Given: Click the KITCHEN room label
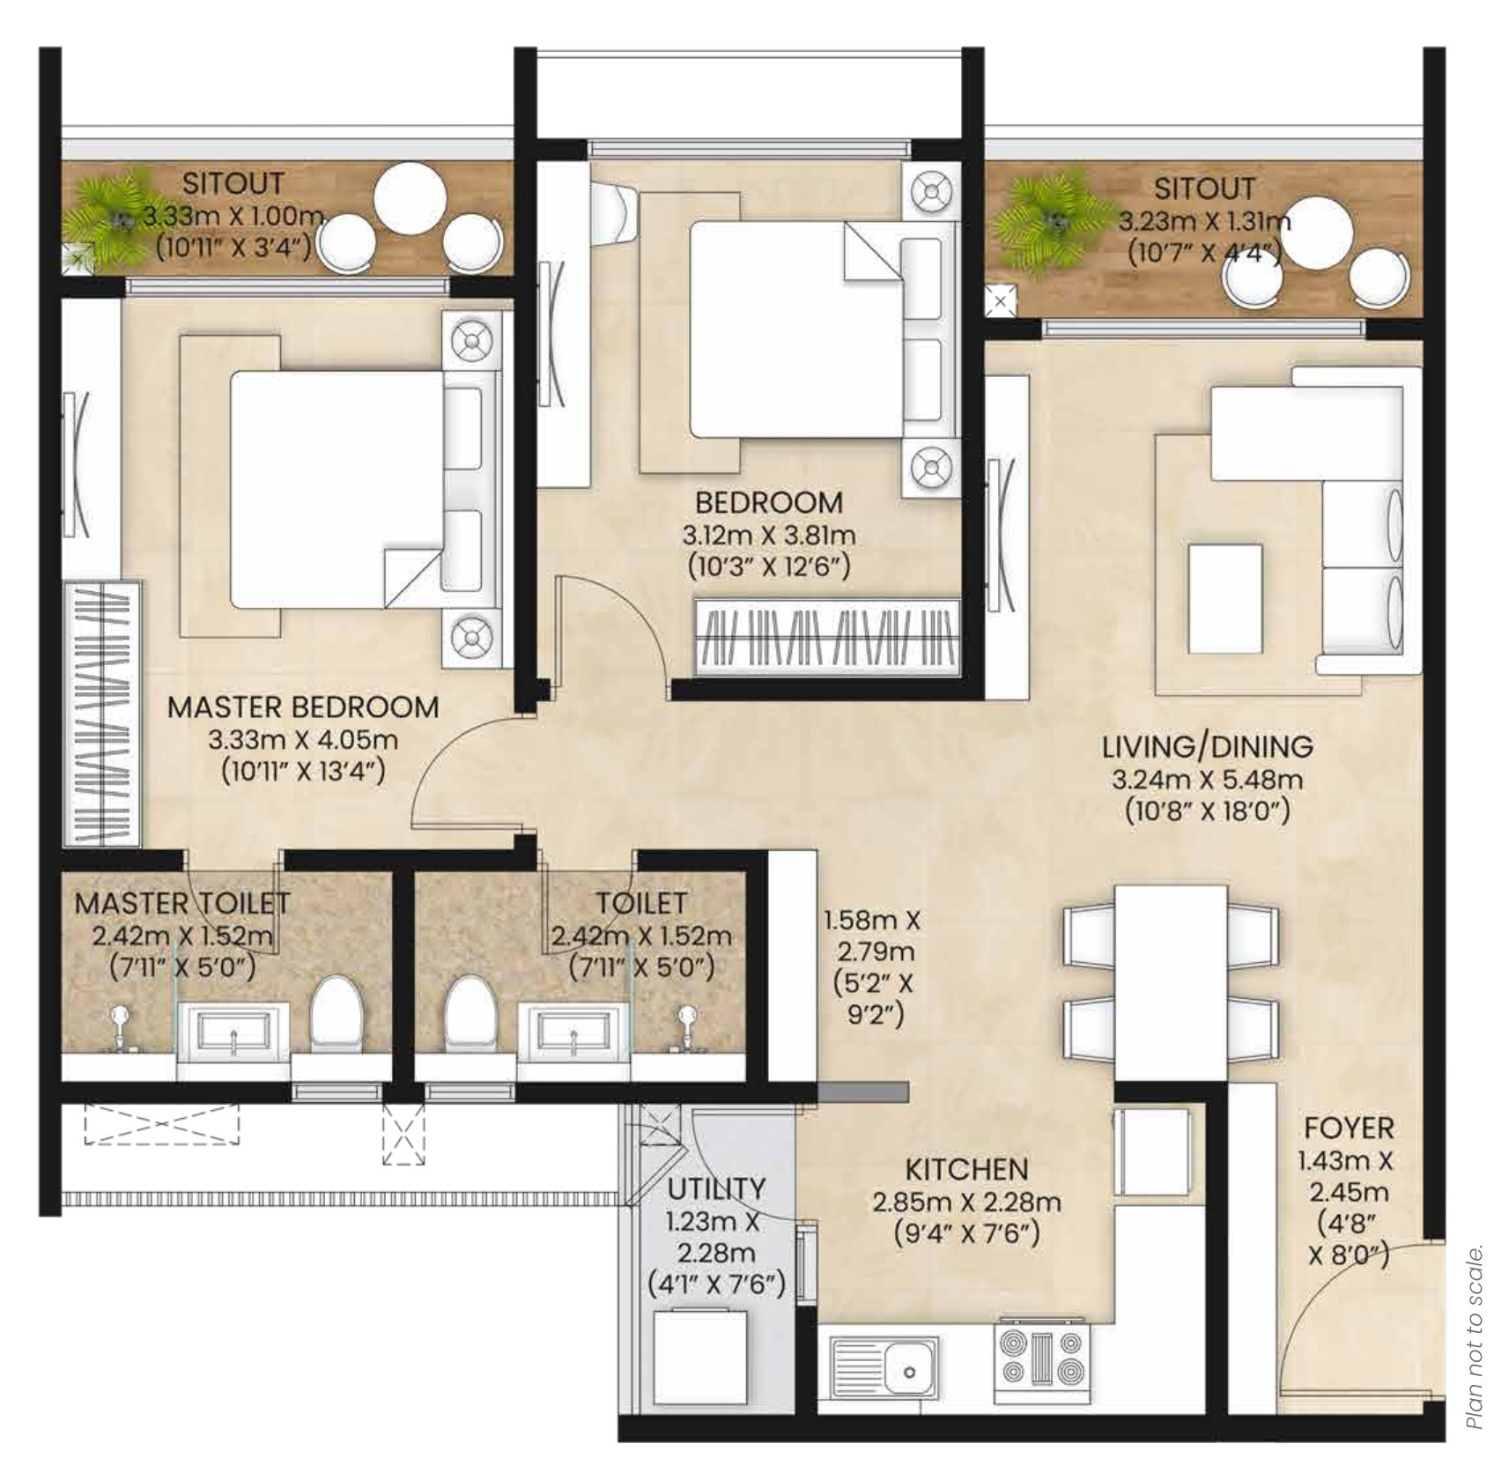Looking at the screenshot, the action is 966,1168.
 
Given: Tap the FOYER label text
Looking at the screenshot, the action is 1349,1128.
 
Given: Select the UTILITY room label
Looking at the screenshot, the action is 716,1188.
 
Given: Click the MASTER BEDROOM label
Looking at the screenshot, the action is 303,707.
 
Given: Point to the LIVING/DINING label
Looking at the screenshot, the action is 1208,746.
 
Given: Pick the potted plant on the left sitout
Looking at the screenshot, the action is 115,218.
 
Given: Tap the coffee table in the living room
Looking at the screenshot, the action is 1224,597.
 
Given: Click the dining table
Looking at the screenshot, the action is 1172,982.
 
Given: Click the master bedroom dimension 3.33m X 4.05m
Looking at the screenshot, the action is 303,739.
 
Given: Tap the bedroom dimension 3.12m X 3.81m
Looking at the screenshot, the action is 769,534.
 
